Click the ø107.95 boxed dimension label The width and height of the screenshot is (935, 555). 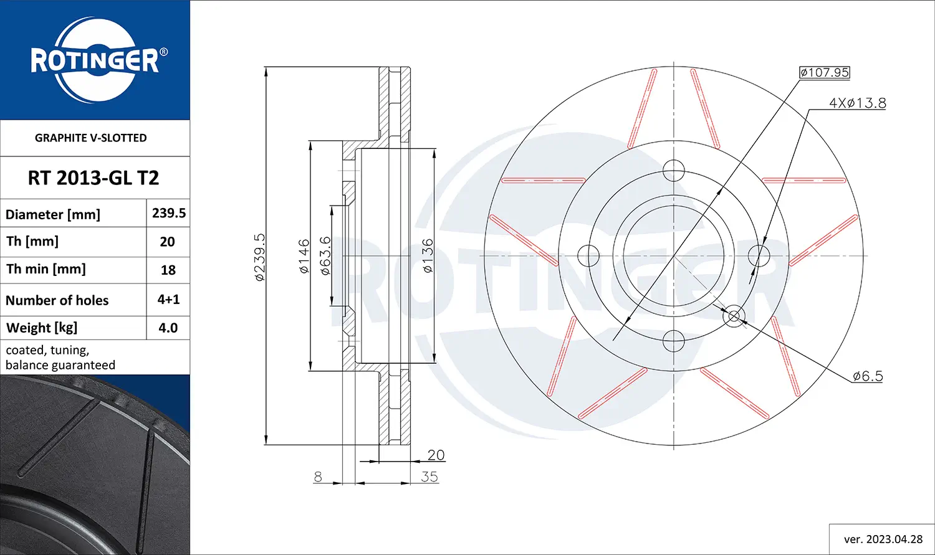coord(825,72)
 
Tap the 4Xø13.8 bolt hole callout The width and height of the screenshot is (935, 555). coord(857,103)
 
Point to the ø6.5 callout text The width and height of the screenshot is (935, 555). coord(868,376)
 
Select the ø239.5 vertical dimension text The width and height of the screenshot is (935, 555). coord(260,257)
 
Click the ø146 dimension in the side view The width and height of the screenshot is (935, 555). coord(304,256)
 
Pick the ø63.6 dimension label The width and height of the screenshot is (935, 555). coord(325,256)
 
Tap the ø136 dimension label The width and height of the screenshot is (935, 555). coord(428,256)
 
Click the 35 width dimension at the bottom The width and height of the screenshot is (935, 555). coord(429,477)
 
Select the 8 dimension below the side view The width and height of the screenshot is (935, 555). coord(318,477)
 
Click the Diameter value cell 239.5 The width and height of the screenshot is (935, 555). coord(169,213)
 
